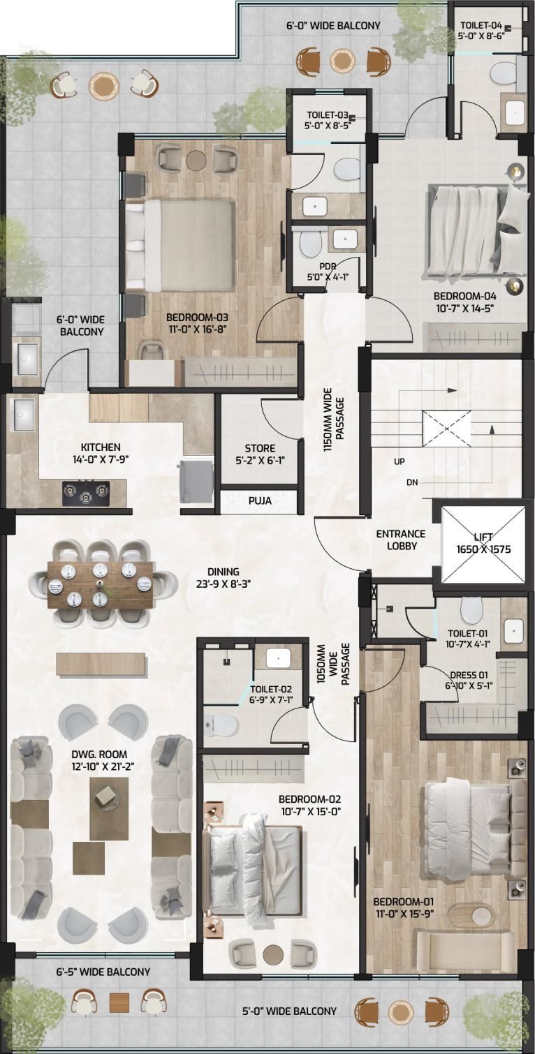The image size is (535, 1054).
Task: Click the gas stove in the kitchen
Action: point(86,493)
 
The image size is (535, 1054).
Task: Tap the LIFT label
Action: point(483,537)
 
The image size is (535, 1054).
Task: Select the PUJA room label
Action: point(260,500)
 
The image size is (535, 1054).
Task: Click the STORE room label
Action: point(260,448)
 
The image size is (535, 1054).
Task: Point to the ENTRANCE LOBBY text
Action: point(401,540)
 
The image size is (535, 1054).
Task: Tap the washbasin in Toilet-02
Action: point(278,658)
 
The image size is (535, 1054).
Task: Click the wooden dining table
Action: point(100,584)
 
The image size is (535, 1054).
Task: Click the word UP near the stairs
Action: point(400,461)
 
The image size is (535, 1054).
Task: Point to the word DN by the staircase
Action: point(412,482)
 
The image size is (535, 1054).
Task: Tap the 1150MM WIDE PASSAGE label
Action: point(334,420)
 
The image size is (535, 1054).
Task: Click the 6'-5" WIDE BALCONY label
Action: point(103,972)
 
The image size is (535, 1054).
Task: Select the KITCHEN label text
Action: point(101,447)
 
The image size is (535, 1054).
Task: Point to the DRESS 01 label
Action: point(469,675)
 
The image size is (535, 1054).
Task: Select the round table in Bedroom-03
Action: point(196,160)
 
